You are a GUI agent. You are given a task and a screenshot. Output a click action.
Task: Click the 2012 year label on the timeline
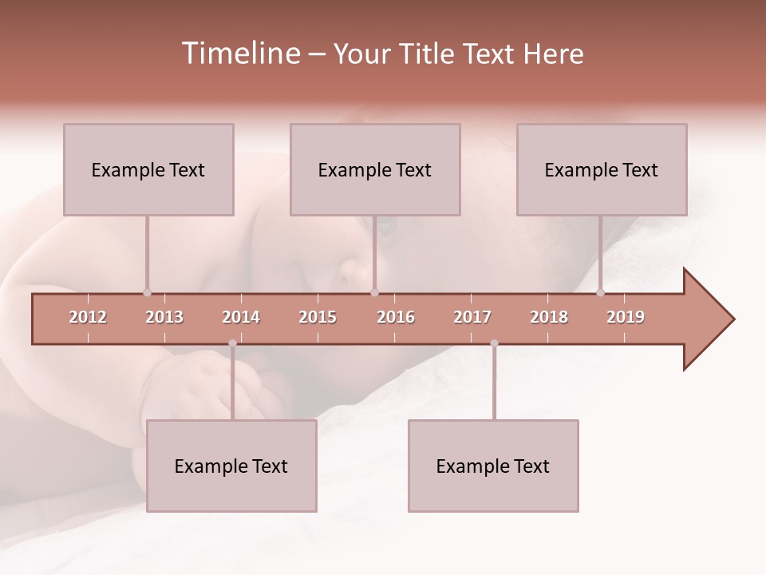88,317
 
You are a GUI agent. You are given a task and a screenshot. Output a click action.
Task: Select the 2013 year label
164,317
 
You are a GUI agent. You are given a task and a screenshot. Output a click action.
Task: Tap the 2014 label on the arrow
241,317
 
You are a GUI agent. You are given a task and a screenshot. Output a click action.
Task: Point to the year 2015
318,317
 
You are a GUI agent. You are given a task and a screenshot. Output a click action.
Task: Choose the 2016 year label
396,317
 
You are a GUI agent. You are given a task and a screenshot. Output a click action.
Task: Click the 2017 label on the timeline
472,317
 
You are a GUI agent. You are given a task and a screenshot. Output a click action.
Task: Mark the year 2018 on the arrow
549,317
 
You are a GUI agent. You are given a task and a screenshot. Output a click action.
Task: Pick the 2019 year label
626,317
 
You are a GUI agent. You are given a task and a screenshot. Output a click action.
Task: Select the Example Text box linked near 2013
148,169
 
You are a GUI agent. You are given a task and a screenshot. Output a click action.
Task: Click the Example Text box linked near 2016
375,169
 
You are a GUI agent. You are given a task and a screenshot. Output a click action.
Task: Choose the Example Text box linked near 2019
602,169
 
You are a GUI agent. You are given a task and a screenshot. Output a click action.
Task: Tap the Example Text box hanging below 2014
231,466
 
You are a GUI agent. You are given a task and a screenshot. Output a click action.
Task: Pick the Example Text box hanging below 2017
493,466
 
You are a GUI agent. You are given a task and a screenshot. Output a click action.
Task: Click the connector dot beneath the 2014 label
232,343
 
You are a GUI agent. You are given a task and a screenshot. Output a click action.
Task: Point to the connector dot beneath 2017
494,343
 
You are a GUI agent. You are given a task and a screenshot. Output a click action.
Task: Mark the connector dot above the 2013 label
147,293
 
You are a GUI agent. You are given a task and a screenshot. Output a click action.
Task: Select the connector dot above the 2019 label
600,293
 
